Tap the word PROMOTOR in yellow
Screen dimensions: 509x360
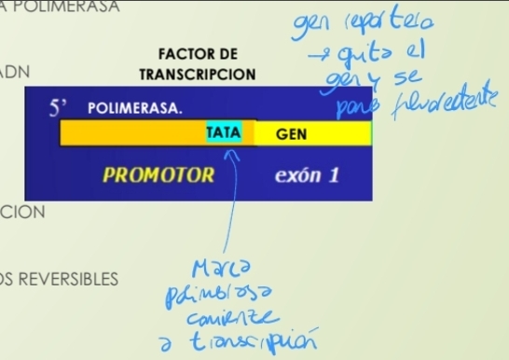(158, 175)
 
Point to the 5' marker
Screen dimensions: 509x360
(60, 108)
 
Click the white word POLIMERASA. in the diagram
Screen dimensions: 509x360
(135, 108)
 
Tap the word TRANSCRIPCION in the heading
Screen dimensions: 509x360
(197, 73)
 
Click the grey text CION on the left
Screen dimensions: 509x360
(22, 212)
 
